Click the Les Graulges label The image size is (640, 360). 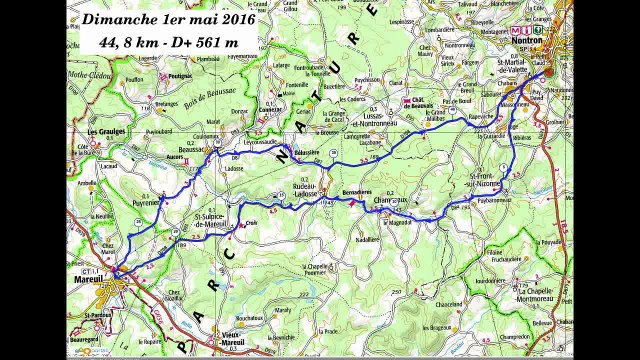pos(105,131)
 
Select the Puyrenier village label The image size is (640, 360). pos(147,200)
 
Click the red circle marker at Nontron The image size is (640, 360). pos(549,76)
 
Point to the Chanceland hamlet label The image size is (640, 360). pos(447,303)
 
